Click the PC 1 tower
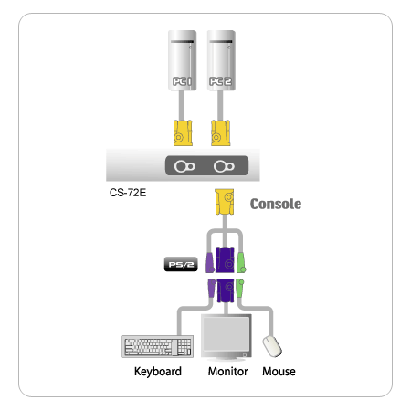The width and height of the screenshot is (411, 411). pyautogui.click(x=182, y=60)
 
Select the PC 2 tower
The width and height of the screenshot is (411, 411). pyautogui.click(x=221, y=60)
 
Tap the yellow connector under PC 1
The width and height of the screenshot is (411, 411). pyautogui.click(x=183, y=133)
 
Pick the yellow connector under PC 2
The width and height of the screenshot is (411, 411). pyautogui.click(x=220, y=133)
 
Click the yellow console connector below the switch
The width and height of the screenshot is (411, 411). pyautogui.click(x=225, y=202)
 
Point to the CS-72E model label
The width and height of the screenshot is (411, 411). pyautogui.click(x=128, y=193)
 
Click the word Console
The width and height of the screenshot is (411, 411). pyautogui.click(x=276, y=204)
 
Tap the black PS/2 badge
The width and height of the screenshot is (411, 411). pyautogui.click(x=181, y=264)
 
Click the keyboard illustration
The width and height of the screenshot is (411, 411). pyautogui.click(x=157, y=346)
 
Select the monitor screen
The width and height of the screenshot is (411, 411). pyautogui.click(x=226, y=334)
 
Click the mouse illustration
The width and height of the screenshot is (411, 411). pyautogui.click(x=272, y=346)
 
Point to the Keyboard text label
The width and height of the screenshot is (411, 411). pyautogui.click(x=158, y=372)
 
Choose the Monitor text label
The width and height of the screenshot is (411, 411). pyautogui.click(x=227, y=372)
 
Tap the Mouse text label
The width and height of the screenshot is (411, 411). pyautogui.click(x=279, y=372)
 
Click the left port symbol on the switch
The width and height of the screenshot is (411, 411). pyautogui.click(x=184, y=166)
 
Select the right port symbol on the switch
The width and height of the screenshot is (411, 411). pyautogui.click(x=224, y=166)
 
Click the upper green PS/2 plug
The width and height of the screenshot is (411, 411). pyautogui.click(x=241, y=262)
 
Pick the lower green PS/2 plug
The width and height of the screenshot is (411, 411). pyautogui.click(x=240, y=288)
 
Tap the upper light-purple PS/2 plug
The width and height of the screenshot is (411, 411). pyautogui.click(x=210, y=262)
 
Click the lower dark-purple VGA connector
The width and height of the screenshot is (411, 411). pyautogui.click(x=226, y=290)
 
